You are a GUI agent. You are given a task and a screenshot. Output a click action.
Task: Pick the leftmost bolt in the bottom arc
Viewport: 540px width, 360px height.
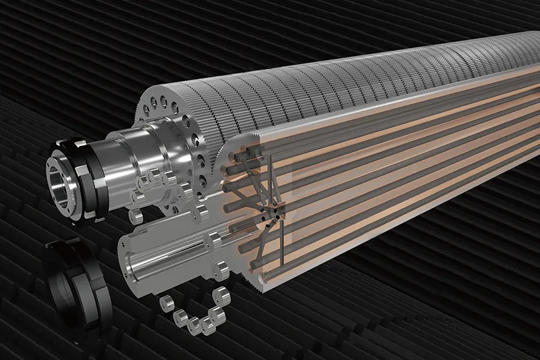tap(165, 305)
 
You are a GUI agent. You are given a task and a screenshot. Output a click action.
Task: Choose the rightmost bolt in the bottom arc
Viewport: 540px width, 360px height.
tap(220, 296)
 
